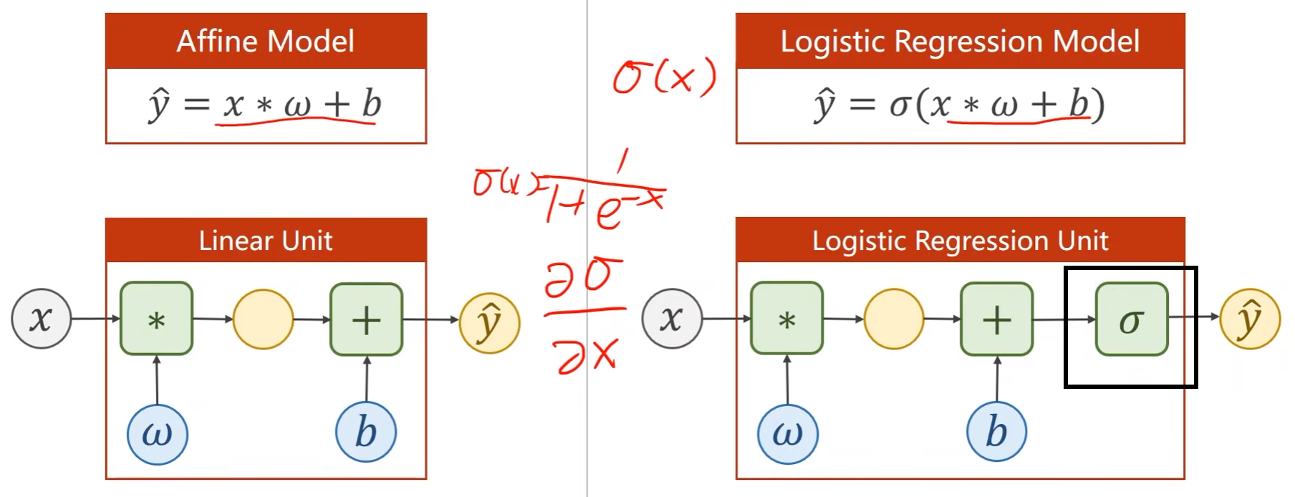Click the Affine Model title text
[x=266, y=42]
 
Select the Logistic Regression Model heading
[x=960, y=42]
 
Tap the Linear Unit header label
[x=266, y=241]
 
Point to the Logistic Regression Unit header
[x=960, y=241]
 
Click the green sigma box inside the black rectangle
[x=1132, y=319]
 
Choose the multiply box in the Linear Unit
[x=156, y=319]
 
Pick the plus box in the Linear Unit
[x=366, y=319]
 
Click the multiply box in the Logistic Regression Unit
[x=786, y=319]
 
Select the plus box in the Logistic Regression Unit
[x=996, y=319]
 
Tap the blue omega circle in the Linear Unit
[x=158, y=434]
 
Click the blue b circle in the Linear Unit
[x=366, y=432]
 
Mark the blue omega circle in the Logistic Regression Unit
[x=788, y=434]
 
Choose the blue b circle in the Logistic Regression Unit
[x=996, y=432]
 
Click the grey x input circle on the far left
[x=42, y=319]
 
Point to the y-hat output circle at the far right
[x=1250, y=319]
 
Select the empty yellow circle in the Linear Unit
[x=264, y=319]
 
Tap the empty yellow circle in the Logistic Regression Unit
[x=894, y=319]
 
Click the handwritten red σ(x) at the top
[x=664, y=76]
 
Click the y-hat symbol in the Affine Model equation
[x=159, y=105]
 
